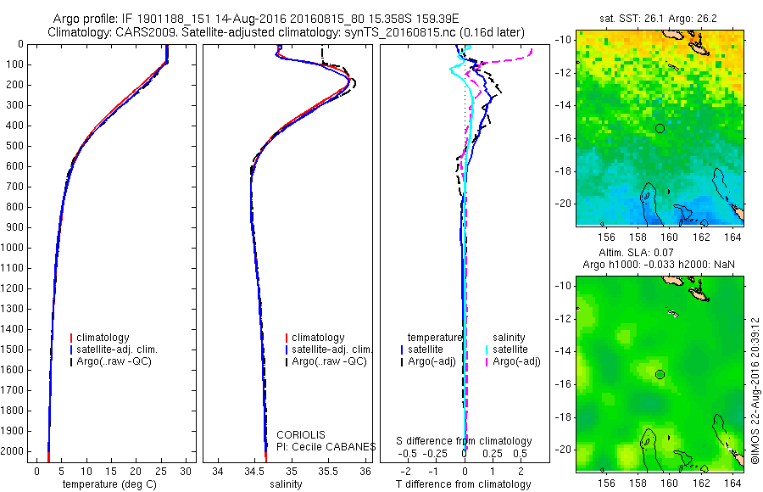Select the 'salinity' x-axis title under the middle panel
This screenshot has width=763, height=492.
coord(286,484)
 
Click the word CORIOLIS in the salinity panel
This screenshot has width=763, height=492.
coord(301,435)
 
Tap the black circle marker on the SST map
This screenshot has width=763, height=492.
coord(660,128)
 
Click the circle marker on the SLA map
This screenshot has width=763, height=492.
coord(660,374)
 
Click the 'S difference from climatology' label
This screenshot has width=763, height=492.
coord(465,441)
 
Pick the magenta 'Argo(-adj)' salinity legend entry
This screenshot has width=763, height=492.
coord(516,361)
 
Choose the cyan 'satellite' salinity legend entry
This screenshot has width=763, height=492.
coord(510,349)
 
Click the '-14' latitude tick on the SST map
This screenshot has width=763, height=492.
coord(564,105)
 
